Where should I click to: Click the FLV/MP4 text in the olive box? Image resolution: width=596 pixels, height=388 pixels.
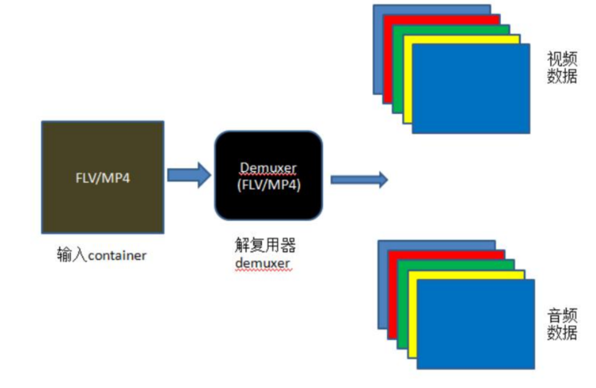(102, 177)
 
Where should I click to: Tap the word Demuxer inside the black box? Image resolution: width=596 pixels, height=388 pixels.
(268, 167)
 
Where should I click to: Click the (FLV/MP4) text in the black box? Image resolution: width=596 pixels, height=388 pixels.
(268, 185)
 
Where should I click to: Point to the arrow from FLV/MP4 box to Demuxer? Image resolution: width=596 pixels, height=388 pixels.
(189, 176)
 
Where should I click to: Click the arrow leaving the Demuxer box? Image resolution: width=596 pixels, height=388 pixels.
(359, 179)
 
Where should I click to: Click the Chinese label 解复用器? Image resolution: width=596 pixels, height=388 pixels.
(265, 246)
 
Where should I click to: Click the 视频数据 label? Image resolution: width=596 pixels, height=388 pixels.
(562, 68)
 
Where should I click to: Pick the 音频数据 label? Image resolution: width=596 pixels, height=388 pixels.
(562, 324)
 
